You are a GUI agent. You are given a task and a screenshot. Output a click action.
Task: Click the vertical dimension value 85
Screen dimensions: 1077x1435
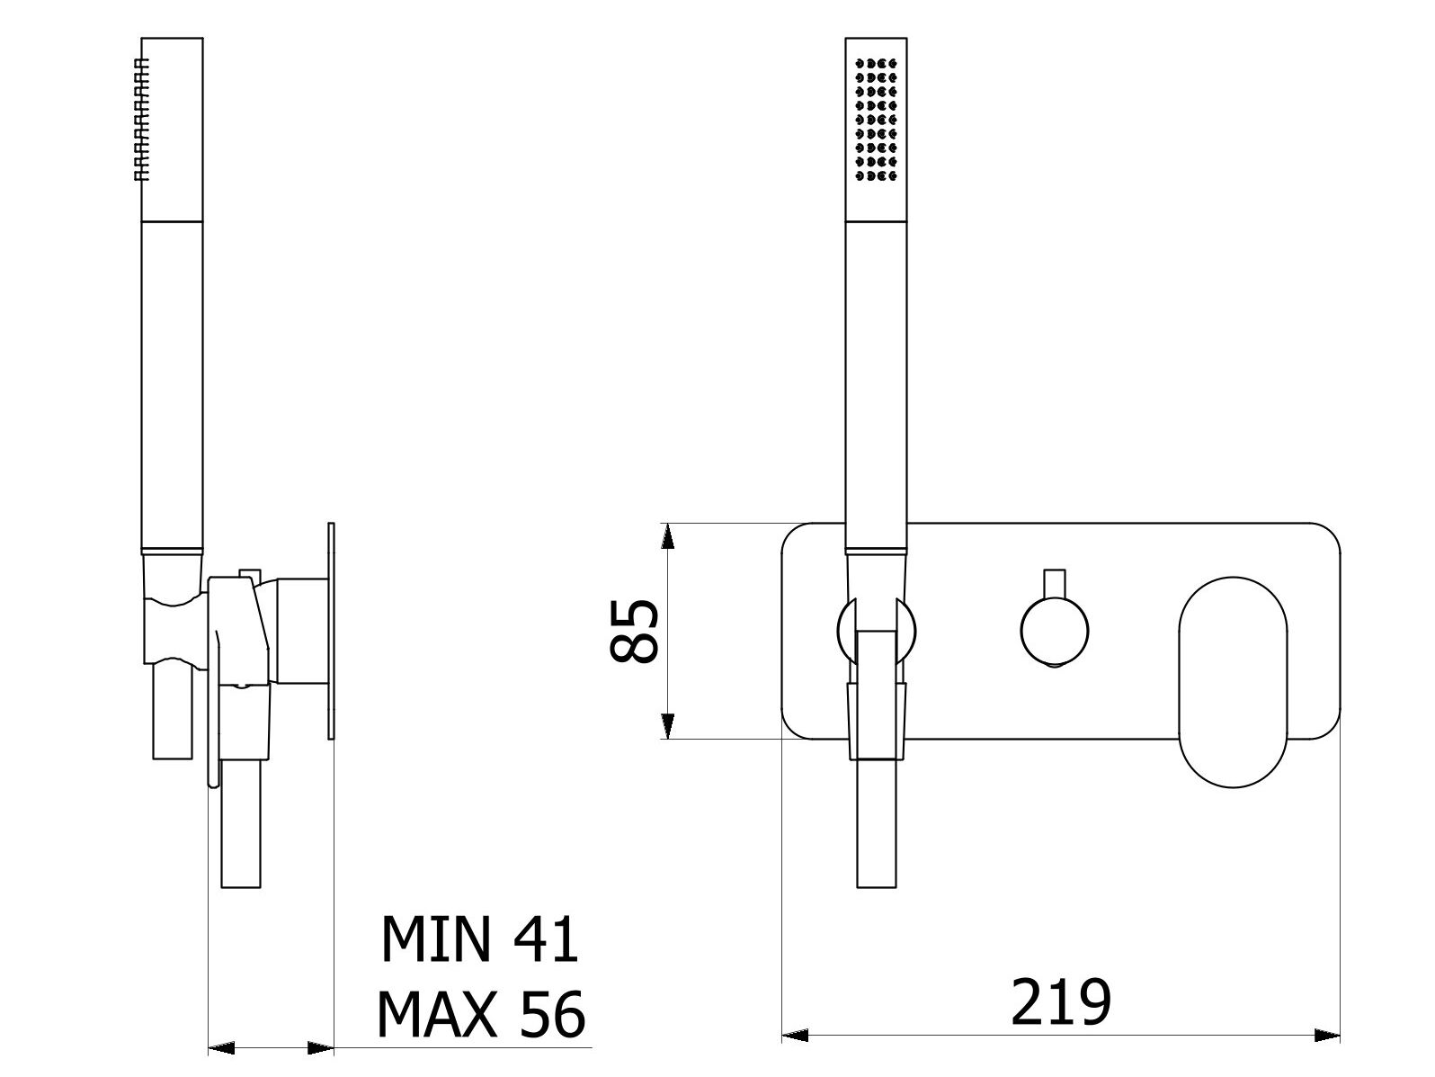click(x=635, y=631)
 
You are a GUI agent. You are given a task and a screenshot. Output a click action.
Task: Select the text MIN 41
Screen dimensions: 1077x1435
click(x=479, y=940)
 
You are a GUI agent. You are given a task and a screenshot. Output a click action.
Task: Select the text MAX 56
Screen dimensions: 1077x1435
click(x=481, y=1015)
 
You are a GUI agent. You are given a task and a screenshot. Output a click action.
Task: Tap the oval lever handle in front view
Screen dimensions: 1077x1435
click(x=1233, y=683)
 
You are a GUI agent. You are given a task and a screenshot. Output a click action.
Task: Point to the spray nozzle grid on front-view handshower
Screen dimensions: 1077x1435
click(x=877, y=121)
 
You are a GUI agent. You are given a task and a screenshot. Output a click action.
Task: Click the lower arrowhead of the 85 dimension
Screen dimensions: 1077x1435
click(x=667, y=725)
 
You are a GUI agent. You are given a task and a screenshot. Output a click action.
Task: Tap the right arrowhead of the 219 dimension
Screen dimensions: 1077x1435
click(x=1327, y=1036)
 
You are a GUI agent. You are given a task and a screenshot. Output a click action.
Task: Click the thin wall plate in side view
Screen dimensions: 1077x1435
click(x=332, y=630)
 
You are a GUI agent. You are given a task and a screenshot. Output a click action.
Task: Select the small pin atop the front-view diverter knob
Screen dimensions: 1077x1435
click(x=1055, y=582)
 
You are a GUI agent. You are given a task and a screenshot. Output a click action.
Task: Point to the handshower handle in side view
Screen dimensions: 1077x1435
click(x=172, y=387)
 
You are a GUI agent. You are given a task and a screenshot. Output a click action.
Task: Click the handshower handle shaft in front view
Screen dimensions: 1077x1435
click(x=877, y=387)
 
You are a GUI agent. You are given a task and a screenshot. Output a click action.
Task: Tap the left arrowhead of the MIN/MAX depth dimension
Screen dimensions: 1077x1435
click(x=221, y=1047)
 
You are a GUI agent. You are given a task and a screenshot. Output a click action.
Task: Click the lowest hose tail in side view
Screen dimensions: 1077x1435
click(x=242, y=828)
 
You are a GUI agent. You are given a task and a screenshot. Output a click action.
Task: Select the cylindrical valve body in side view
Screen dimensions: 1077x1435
click(x=301, y=630)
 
